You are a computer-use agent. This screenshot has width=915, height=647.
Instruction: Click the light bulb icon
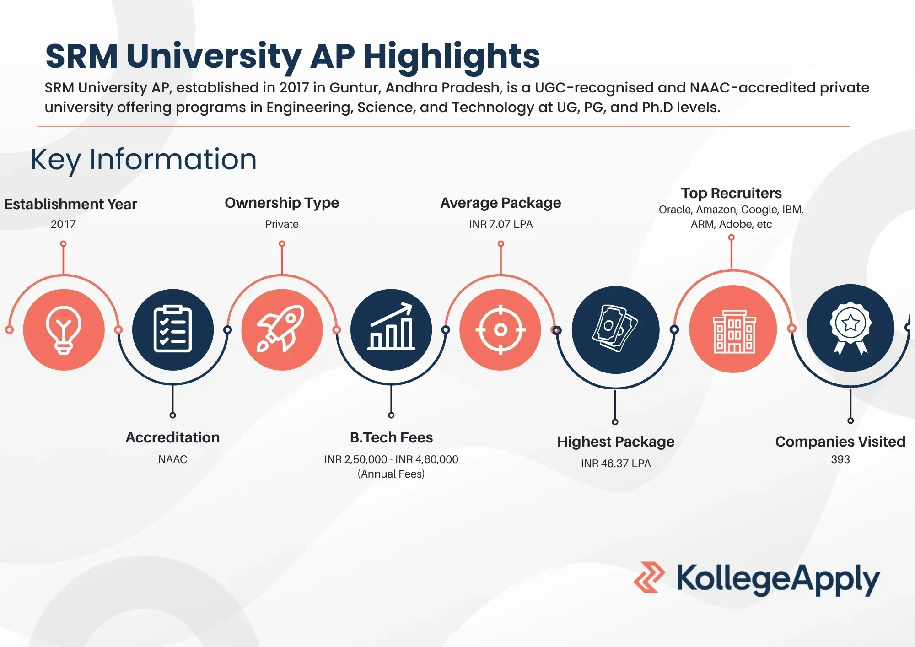(64, 330)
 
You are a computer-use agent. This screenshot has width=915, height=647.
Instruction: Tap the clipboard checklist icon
(172, 329)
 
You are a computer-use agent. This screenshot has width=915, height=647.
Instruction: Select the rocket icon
(282, 329)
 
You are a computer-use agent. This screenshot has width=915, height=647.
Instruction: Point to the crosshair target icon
(501, 329)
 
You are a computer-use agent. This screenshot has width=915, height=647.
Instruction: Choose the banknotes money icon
(615, 329)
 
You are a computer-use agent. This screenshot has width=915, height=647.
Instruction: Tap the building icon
(733, 330)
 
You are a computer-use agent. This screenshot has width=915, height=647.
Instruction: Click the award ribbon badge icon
(850, 328)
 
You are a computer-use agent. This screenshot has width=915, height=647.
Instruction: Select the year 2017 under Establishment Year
(63, 224)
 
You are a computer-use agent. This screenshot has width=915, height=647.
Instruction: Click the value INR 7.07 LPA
(501, 224)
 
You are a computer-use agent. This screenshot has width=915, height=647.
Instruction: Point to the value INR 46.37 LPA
(615, 464)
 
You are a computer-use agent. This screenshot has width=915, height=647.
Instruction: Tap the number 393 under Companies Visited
(840, 459)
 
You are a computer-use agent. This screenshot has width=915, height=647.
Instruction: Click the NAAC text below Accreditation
(172, 459)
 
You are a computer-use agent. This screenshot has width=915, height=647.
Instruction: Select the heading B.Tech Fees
(391, 438)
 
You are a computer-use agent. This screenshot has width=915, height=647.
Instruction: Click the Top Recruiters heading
(731, 194)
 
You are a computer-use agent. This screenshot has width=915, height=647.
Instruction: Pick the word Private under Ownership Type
(282, 224)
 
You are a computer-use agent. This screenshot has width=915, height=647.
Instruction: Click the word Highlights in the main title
(452, 57)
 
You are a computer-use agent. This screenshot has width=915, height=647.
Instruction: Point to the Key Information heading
(144, 160)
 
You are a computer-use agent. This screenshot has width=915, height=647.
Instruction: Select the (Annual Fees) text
(391, 474)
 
